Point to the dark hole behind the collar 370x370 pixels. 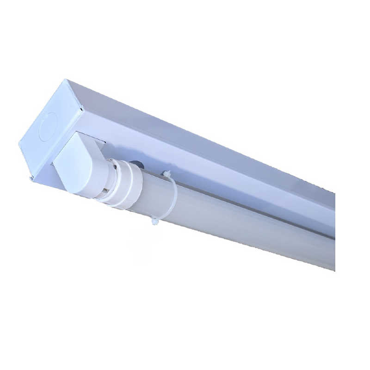point(137,164)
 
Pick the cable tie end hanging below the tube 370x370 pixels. point(154,221)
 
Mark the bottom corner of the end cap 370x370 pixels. point(31,178)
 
